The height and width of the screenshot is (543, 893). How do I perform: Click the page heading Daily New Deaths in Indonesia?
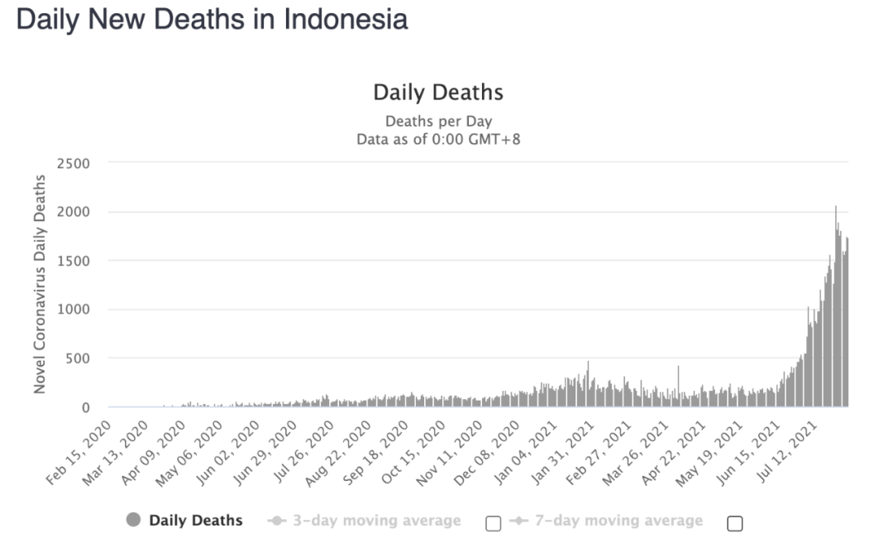212,19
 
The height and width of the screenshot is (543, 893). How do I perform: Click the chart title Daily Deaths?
438,91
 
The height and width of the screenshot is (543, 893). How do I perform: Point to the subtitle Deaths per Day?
438,122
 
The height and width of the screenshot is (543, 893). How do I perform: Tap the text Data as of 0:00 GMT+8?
438,139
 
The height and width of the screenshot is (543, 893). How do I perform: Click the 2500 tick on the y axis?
74,163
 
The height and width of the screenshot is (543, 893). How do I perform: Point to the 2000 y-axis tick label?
74,212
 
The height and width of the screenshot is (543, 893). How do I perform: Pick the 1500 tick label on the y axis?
74,261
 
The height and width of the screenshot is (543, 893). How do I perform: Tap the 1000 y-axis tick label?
74,310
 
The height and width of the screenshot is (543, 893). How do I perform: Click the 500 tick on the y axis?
79,358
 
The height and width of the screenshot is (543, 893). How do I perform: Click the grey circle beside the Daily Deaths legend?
133,520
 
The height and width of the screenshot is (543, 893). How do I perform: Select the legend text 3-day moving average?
377,521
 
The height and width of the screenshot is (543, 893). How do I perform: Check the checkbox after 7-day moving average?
734,523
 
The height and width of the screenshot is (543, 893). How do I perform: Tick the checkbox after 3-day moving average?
494,523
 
